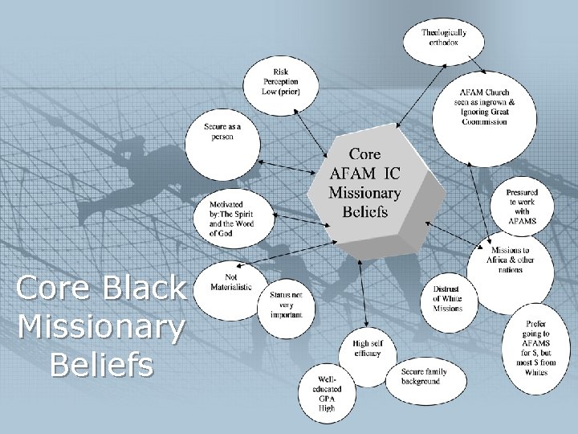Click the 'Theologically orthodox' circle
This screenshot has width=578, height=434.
[443, 38]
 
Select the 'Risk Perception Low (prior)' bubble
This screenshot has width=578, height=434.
[286, 81]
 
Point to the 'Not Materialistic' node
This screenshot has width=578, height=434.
[230, 282]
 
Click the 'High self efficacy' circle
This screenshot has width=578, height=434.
[372, 349]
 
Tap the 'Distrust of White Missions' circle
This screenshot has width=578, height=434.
[447, 298]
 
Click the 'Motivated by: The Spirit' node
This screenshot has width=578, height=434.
[231, 217]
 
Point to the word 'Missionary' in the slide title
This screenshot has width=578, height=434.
[101, 326]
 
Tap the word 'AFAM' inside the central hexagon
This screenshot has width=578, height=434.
[354, 173]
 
